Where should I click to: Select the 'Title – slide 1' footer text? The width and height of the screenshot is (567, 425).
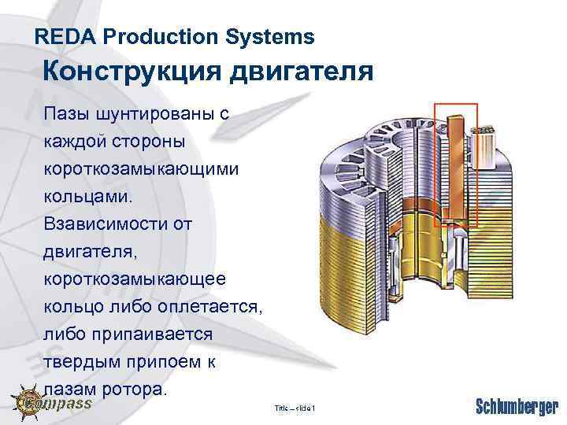point(295,408)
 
